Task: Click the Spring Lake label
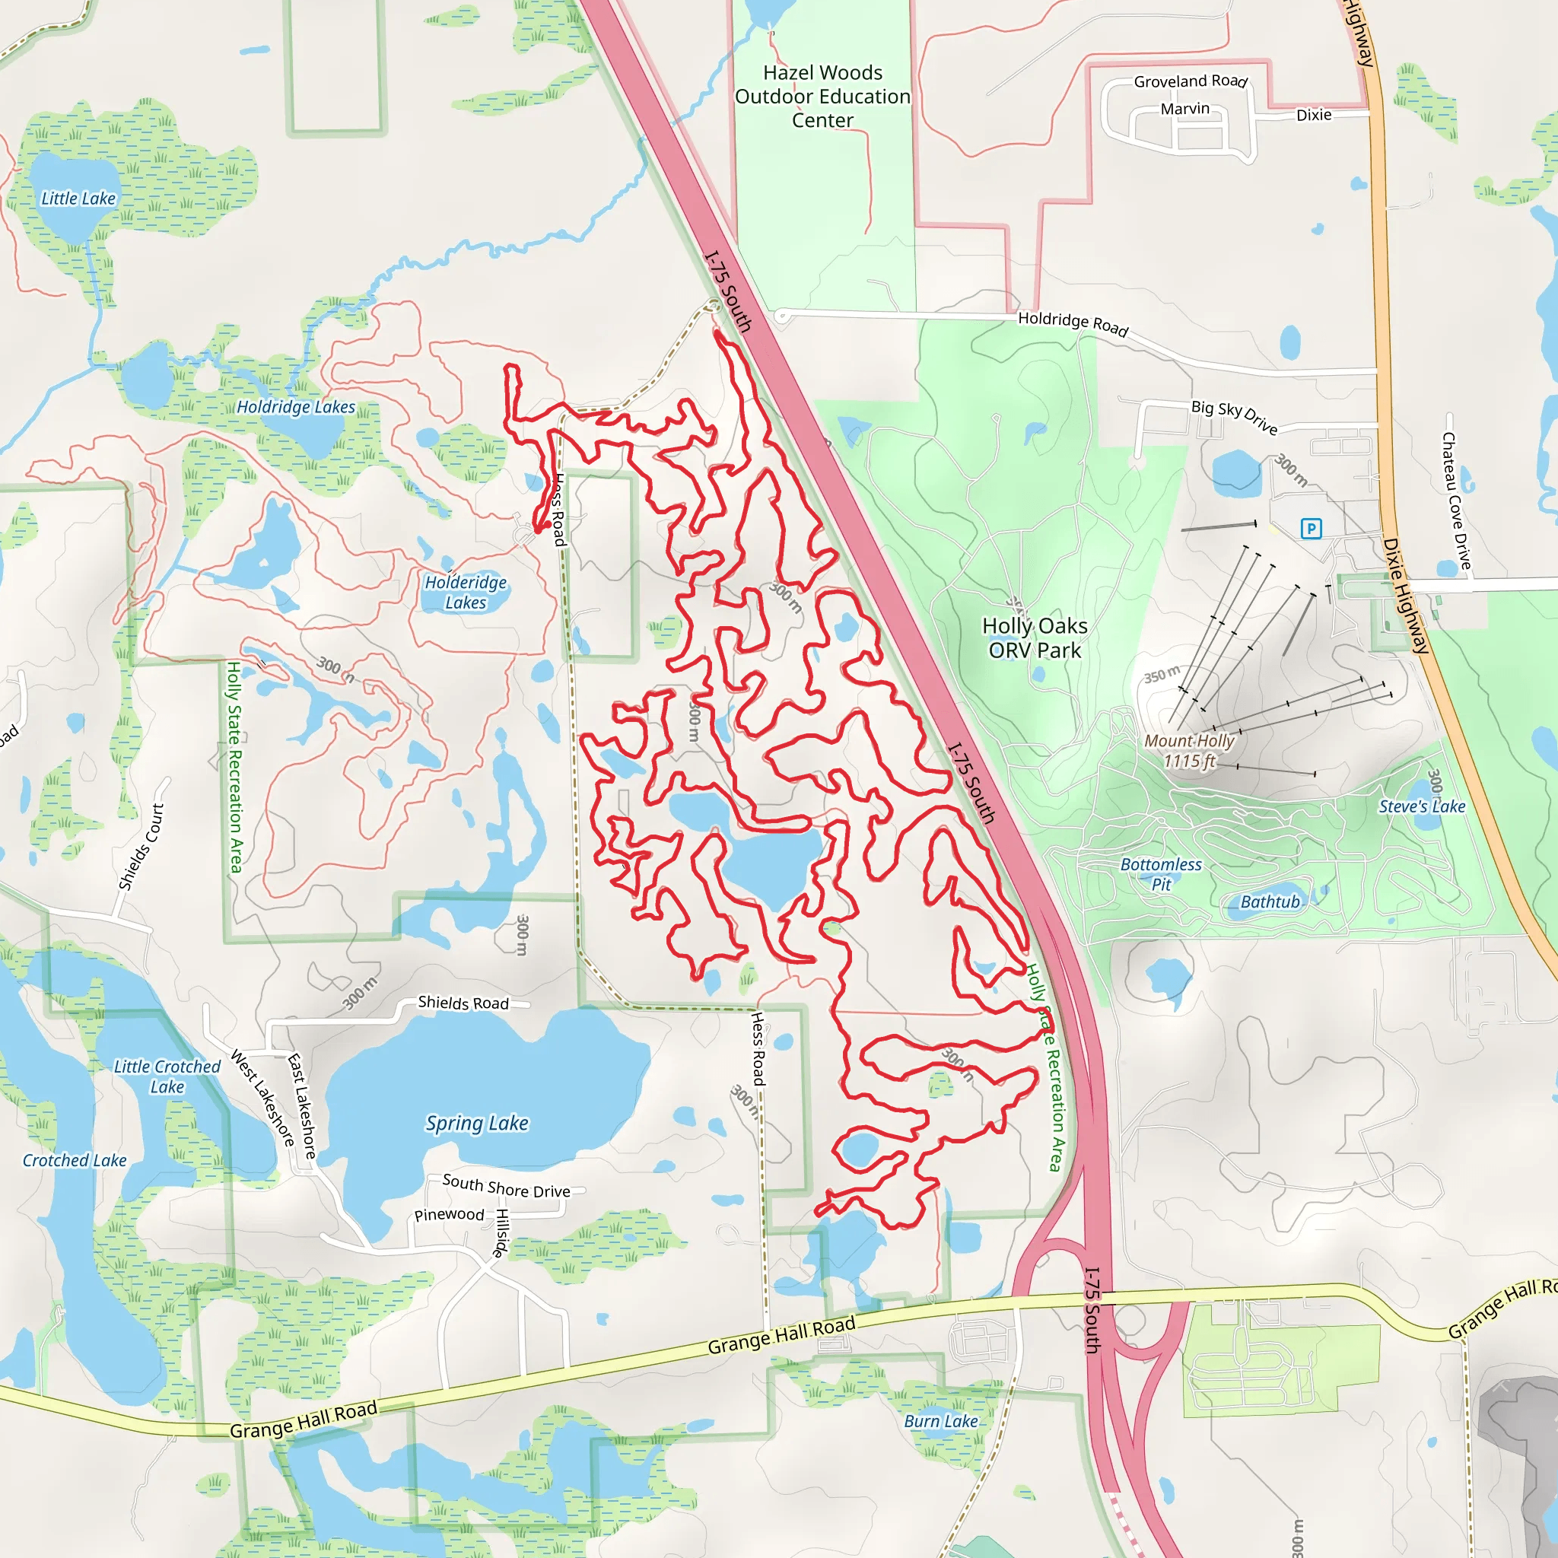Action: (x=476, y=1124)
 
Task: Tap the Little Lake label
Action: (x=78, y=199)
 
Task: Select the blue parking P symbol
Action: (x=1312, y=528)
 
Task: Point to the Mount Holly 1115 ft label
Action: (x=1190, y=751)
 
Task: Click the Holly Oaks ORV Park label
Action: (x=1035, y=638)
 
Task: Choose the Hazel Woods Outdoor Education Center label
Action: (x=822, y=97)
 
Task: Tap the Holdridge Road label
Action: (x=1073, y=323)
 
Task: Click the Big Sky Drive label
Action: (x=1235, y=417)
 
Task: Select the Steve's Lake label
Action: (x=1422, y=806)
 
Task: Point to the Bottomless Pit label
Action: (x=1161, y=874)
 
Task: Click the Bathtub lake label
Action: (x=1270, y=902)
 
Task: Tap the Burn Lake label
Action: (x=941, y=1421)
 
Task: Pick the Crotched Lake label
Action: (x=75, y=1160)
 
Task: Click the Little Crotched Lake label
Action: (x=167, y=1076)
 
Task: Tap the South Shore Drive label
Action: (x=506, y=1186)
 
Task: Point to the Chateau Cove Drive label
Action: (x=1456, y=501)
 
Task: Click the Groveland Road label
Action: (x=1191, y=81)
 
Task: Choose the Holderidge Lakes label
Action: (x=466, y=592)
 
